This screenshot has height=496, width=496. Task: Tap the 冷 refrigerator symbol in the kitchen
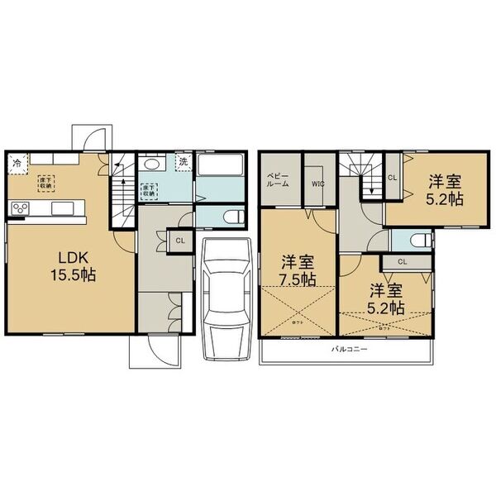17,163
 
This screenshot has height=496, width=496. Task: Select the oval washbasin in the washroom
156,162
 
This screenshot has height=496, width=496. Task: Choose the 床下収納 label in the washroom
150,189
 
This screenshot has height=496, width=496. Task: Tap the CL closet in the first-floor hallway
179,241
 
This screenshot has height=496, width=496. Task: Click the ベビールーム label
278,180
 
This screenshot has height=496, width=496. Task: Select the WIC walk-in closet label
318,184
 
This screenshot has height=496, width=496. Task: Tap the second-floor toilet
419,241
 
